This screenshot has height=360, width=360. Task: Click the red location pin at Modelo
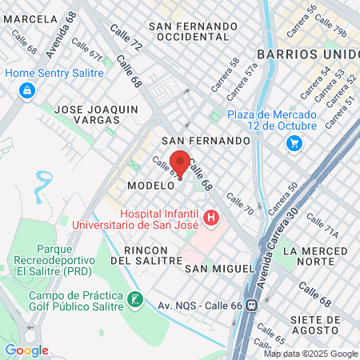point(180,164)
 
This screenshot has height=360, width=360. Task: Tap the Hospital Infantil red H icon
point(211,217)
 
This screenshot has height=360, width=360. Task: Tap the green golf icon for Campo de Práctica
point(135,300)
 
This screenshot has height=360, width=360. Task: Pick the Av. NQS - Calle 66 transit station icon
point(253,305)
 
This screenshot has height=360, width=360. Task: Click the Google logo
point(26,350)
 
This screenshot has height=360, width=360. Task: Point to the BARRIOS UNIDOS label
point(308,54)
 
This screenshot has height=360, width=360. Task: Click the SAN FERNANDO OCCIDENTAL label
point(197,30)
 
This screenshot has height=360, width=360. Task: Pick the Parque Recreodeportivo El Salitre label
point(50,265)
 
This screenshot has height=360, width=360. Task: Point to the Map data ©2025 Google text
point(311,354)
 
